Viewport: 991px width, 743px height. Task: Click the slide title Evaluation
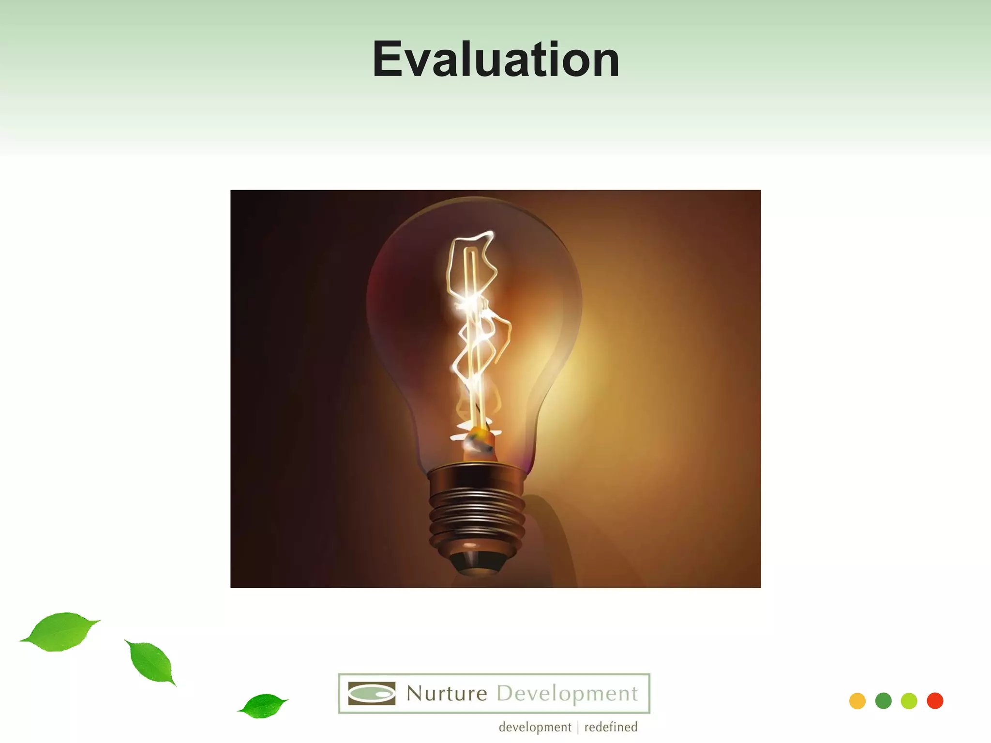pyautogui.click(x=495, y=59)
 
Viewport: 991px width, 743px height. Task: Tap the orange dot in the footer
pyautogui.click(x=857, y=701)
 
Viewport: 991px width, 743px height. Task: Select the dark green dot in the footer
pyautogui.click(x=883, y=701)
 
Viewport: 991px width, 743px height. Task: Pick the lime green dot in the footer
pyautogui.click(x=909, y=701)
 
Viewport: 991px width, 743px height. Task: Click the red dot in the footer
pyautogui.click(x=935, y=701)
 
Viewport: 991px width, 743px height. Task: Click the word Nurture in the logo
pyautogui.click(x=447, y=694)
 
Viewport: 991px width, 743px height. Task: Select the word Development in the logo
pyautogui.click(x=567, y=694)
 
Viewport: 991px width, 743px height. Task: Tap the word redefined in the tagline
pyautogui.click(x=611, y=727)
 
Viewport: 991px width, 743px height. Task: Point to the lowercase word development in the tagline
pyautogui.click(x=535, y=727)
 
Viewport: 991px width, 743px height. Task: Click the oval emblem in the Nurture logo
pyautogui.click(x=372, y=694)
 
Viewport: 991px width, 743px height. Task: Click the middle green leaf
pyautogui.click(x=151, y=662)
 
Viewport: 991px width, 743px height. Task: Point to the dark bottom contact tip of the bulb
pyautogui.click(x=477, y=564)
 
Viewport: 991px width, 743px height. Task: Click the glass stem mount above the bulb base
pyautogui.click(x=478, y=443)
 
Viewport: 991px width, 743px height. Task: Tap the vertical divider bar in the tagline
pyautogui.click(x=578, y=728)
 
